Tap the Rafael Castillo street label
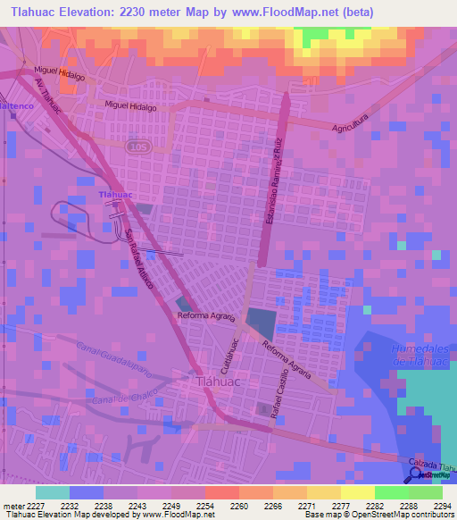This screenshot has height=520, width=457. (x=277, y=394)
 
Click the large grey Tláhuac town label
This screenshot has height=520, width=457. (x=212, y=382)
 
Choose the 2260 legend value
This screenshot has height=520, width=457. (x=239, y=505)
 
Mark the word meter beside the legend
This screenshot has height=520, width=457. (x=12, y=505)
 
